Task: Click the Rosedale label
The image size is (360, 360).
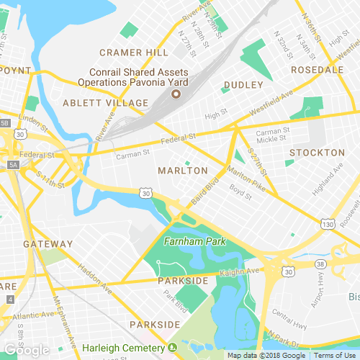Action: pos(318,70)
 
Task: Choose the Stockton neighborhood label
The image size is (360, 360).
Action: pos(317,153)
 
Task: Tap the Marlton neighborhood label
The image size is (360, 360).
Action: pos(182,171)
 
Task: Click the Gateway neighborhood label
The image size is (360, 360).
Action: pos(48,244)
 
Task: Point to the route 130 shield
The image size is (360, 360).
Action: pos(328,225)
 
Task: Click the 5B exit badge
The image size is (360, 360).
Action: pos(5,123)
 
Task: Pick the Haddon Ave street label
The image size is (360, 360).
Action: pos(96,281)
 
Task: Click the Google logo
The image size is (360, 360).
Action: pos(26,350)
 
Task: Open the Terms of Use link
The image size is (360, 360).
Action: pos(333,355)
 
